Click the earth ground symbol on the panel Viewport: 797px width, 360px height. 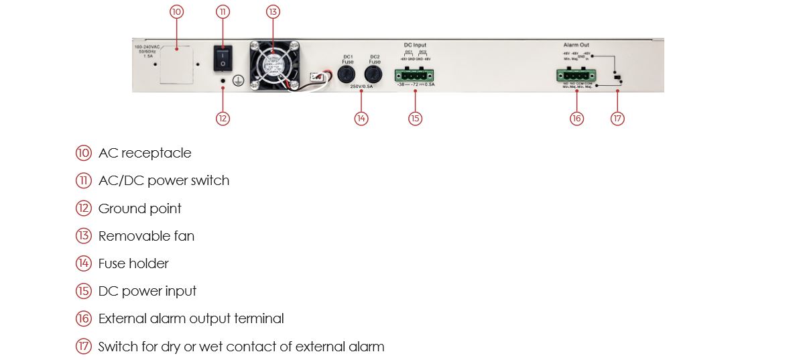(236, 80)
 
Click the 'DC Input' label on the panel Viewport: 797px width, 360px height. (415, 45)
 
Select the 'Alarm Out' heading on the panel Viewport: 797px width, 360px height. (576, 45)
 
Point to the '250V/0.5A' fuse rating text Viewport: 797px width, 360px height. (362, 87)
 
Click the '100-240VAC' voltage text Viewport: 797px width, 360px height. (146, 46)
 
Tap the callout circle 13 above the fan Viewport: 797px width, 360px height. (273, 11)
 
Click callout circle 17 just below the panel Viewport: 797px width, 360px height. (617, 118)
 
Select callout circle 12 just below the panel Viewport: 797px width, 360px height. (223, 118)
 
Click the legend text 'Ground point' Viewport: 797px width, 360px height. (139, 208)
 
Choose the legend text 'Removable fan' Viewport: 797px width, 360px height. (146, 236)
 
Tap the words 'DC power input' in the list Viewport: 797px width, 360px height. (147, 291)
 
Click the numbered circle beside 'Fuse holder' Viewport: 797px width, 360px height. (83, 263)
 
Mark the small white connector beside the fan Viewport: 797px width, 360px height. (317, 77)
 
